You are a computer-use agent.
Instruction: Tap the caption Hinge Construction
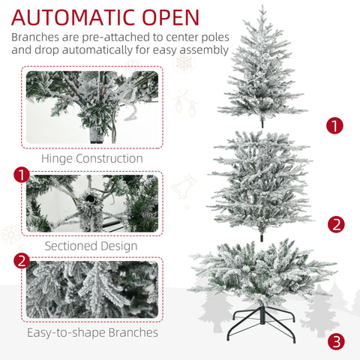92,159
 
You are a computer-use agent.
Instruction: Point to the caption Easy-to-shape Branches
93,332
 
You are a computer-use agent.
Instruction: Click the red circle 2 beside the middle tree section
336,223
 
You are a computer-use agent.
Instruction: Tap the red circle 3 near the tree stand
337,342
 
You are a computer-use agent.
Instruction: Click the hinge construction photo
92,107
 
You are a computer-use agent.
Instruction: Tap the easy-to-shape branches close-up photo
92,289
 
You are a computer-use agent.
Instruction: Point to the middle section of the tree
262,180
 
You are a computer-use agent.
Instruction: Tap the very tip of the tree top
262,7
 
